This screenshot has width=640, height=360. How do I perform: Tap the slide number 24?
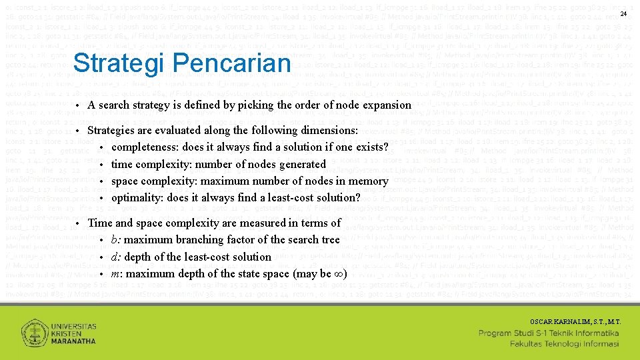click(623, 14)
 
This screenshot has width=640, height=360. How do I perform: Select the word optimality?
click(137, 197)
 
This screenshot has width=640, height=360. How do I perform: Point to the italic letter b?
click(115, 240)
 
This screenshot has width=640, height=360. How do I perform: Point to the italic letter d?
click(115, 257)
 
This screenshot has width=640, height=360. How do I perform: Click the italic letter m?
click(116, 274)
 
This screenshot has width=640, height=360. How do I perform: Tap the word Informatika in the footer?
click(596, 333)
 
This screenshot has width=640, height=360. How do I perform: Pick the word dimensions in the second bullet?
click(329, 131)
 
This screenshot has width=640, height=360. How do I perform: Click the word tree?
click(331, 240)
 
